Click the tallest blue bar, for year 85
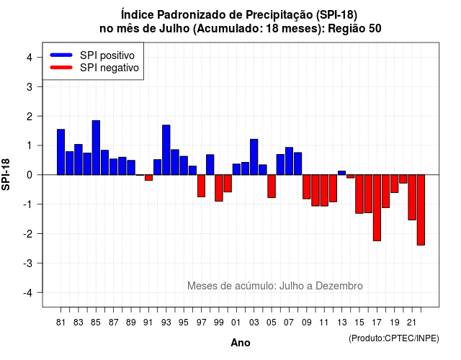(96, 148)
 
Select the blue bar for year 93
(166, 150)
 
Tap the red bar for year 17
(377, 208)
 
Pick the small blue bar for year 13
(341, 173)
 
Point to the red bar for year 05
(272, 186)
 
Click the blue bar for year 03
(254, 157)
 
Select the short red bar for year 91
(148, 178)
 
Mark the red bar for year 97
(202, 186)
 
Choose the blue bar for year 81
(61, 152)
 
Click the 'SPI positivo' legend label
(107, 55)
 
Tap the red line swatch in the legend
(61, 68)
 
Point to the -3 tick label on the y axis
(28, 263)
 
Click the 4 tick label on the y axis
(30, 58)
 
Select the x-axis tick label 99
(219, 323)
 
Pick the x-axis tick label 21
(411, 323)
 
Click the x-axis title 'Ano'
(241, 343)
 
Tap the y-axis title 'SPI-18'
(6, 174)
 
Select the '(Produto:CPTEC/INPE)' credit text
(394, 338)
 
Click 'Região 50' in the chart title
(354, 29)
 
